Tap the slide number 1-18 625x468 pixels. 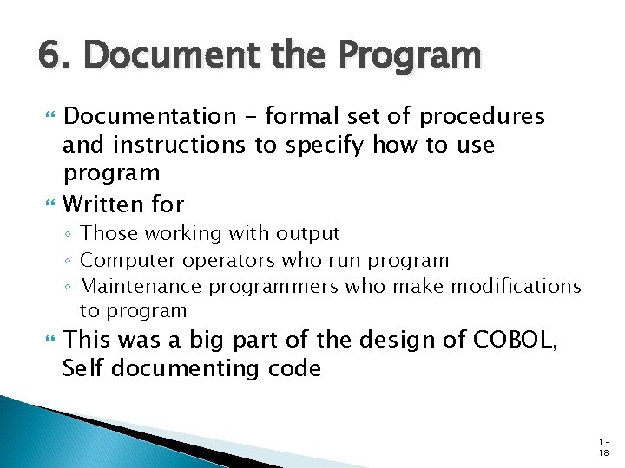click(x=602, y=447)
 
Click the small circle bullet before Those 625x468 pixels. click(x=70, y=234)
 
